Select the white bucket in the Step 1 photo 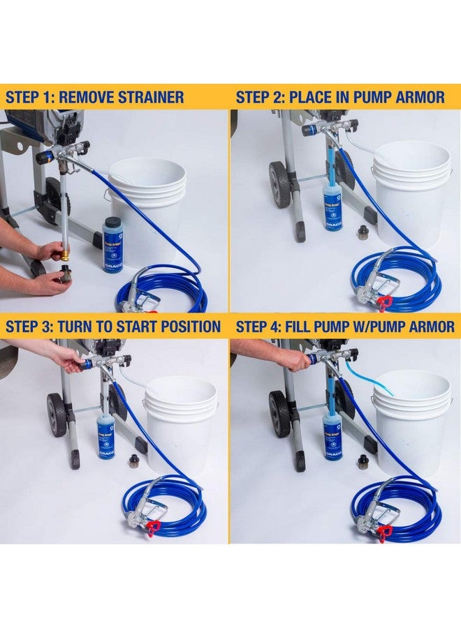(147, 202)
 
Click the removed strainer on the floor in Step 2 (363, 232)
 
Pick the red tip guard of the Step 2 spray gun (383, 302)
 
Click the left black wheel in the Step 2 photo (279, 184)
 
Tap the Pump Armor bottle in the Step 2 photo (332, 206)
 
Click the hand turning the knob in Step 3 (66, 358)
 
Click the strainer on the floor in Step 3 (133, 461)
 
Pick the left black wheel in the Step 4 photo (279, 414)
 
